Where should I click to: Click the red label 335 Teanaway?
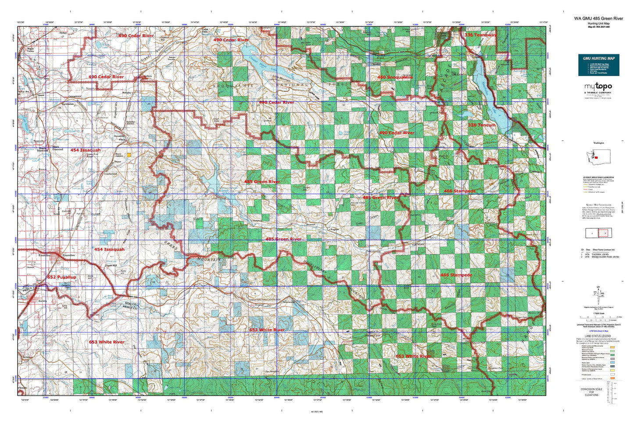pyautogui.click(x=480, y=35)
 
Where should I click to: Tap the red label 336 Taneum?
pyautogui.click(x=481, y=125)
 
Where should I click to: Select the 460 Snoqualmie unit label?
pyautogui.click(x=395, y=78)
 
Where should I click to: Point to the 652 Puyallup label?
pyautogui.click(x=61, y=277)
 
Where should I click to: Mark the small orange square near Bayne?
pyautogui.click(x=129, y=155)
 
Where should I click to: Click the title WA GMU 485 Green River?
pyautogui.click(x=598, y=18)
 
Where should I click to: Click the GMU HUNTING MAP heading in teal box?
pyautogui.click(x=598, y=58)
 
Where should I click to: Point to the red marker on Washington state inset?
pyautogui.click(x=596, y=158)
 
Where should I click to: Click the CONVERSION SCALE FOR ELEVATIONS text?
pyautogui.click(x=591, y=392)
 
